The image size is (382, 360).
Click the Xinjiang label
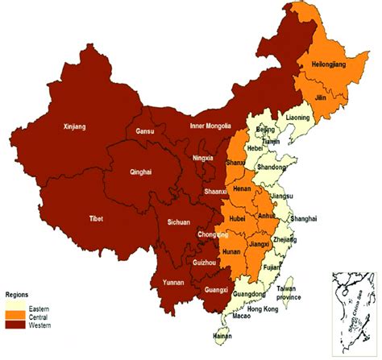click(74, 126)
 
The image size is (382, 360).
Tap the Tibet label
click(97, 218)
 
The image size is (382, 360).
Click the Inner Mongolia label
click(210, 126)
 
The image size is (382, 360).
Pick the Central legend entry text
click(37, 317)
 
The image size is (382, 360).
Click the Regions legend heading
click(20, 296)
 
